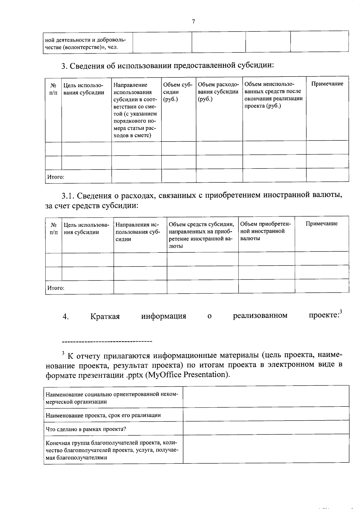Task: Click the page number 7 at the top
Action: [193, 21]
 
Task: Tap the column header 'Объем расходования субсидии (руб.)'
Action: [218, 92]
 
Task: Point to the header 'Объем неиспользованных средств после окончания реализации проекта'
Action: [273, 95]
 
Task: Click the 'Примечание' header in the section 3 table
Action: [327, 84]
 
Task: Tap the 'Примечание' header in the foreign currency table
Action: [321, 224]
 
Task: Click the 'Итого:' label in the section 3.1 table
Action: [56, 288]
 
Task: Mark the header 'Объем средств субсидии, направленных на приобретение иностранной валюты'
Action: [201, 235]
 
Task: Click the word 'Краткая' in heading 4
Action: [105, 316]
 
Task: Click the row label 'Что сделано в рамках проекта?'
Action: [86, 429]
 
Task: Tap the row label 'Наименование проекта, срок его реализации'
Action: [103, 415]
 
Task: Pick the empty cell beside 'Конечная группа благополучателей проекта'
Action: [266, 450]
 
